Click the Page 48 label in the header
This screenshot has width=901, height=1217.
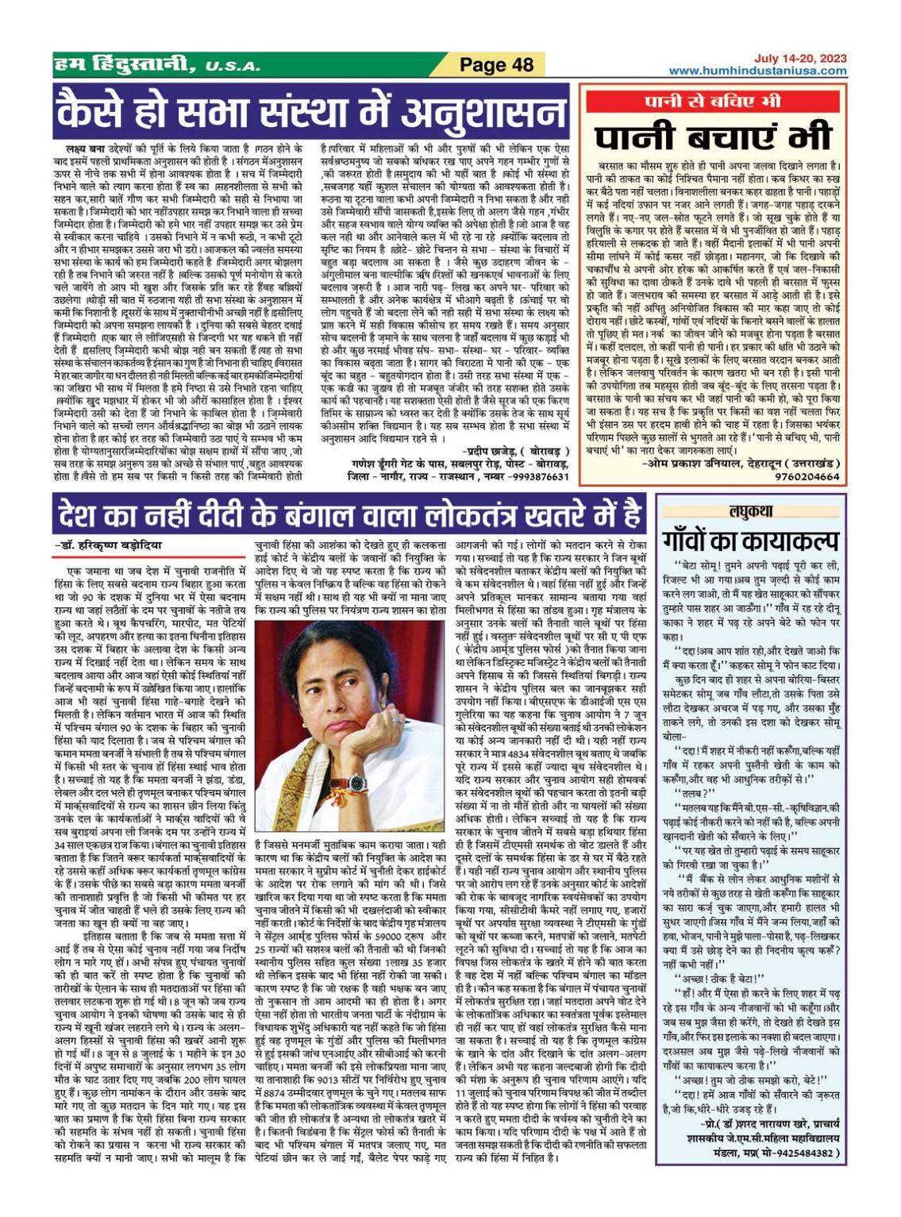(x=498, y=65)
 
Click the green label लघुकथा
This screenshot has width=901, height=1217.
(x=750, y=512)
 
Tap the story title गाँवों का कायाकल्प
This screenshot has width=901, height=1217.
(x=750, y=542)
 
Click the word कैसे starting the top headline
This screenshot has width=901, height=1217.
(x=87, y=111)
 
